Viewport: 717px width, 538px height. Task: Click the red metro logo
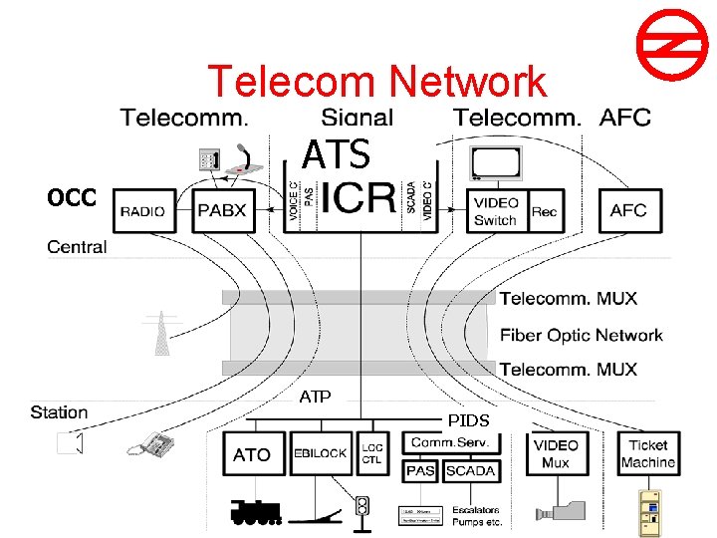[x=664, y=49]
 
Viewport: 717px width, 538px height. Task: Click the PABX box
[x=221, y=210]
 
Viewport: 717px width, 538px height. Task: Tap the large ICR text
[x=357, y=198]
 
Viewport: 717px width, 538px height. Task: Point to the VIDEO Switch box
[x=496, y=211]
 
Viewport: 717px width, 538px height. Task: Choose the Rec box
[x=545, y=211]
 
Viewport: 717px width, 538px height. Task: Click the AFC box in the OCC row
[x=628, y=210]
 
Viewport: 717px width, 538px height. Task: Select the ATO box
[x=252, y=453]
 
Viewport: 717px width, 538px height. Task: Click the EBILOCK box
[x=320, y=453]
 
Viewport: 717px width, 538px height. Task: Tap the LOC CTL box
[x=371, y=453]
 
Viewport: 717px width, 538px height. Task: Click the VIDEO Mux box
[x=555, y=453]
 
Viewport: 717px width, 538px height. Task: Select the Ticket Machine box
[x=647, y=453]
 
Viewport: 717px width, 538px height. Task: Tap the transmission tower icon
[x=160, y=334]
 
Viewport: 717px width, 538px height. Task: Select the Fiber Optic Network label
[x=581, y=335]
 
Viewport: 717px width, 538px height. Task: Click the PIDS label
[x=467, y=420]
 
